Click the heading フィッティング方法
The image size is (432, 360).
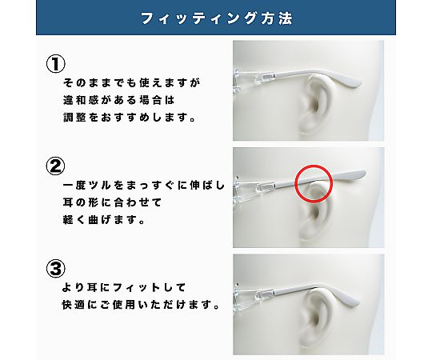click(x=216, y=18)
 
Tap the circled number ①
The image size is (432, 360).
click(x=56, y=64)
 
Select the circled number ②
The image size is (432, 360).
click(x=56, y=166)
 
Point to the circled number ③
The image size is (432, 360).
click(x=56, y=269)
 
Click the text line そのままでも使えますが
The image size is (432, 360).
click(x=132, y=82)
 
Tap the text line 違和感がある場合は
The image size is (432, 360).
click(x=119, y=100)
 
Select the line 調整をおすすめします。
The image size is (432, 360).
click(x=130, y=118)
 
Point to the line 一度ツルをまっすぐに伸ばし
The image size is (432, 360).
click(x=144, y=185)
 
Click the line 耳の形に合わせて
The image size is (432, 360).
click(x=113, y=202)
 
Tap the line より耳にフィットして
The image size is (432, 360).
click(x=124, y=287)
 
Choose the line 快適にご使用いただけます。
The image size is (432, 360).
click(x=141, y=305)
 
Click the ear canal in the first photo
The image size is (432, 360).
click(x=315, y=106)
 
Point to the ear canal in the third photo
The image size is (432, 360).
click(x=315, y=319)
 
